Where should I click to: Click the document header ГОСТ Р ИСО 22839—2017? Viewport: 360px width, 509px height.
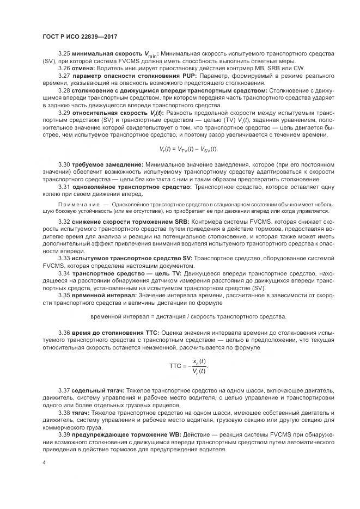click(x=80, y=36)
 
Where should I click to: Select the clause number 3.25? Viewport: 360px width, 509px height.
click(x=64, y=54)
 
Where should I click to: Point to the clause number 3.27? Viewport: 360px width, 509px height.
click(x=64, y=76)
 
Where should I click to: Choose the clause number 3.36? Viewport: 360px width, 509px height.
click(x=64, y=332)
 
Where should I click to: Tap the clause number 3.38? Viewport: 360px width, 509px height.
click(x=64, y=413)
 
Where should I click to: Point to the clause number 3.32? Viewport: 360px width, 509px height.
click(x=64, y=222)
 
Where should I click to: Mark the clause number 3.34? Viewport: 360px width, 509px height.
click(x=64, y=273)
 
